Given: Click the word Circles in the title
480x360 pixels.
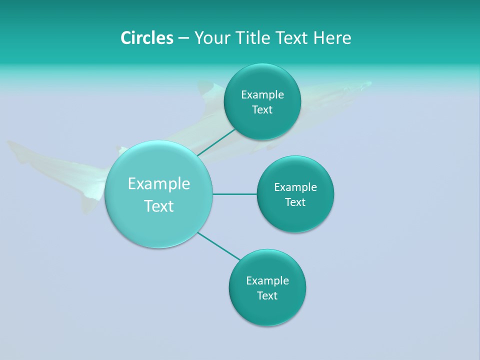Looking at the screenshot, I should coord(146,38).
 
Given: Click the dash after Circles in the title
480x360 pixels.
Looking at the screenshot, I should coord(183,38).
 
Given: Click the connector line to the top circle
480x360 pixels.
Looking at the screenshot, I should coord(216,142).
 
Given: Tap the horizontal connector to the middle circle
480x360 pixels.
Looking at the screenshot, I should coord(234,194).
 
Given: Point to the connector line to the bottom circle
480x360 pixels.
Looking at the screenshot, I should coord(219,246).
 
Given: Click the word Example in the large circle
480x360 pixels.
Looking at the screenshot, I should coord(159,184).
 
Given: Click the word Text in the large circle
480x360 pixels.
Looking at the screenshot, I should coord(159,206).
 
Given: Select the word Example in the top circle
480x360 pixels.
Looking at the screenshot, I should coord(262,95).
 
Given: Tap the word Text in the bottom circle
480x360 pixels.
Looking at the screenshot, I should coord(267,295).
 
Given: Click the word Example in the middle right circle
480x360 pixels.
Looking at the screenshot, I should coord(295,187).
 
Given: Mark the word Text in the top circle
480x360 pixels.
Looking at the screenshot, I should coord(262,110).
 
